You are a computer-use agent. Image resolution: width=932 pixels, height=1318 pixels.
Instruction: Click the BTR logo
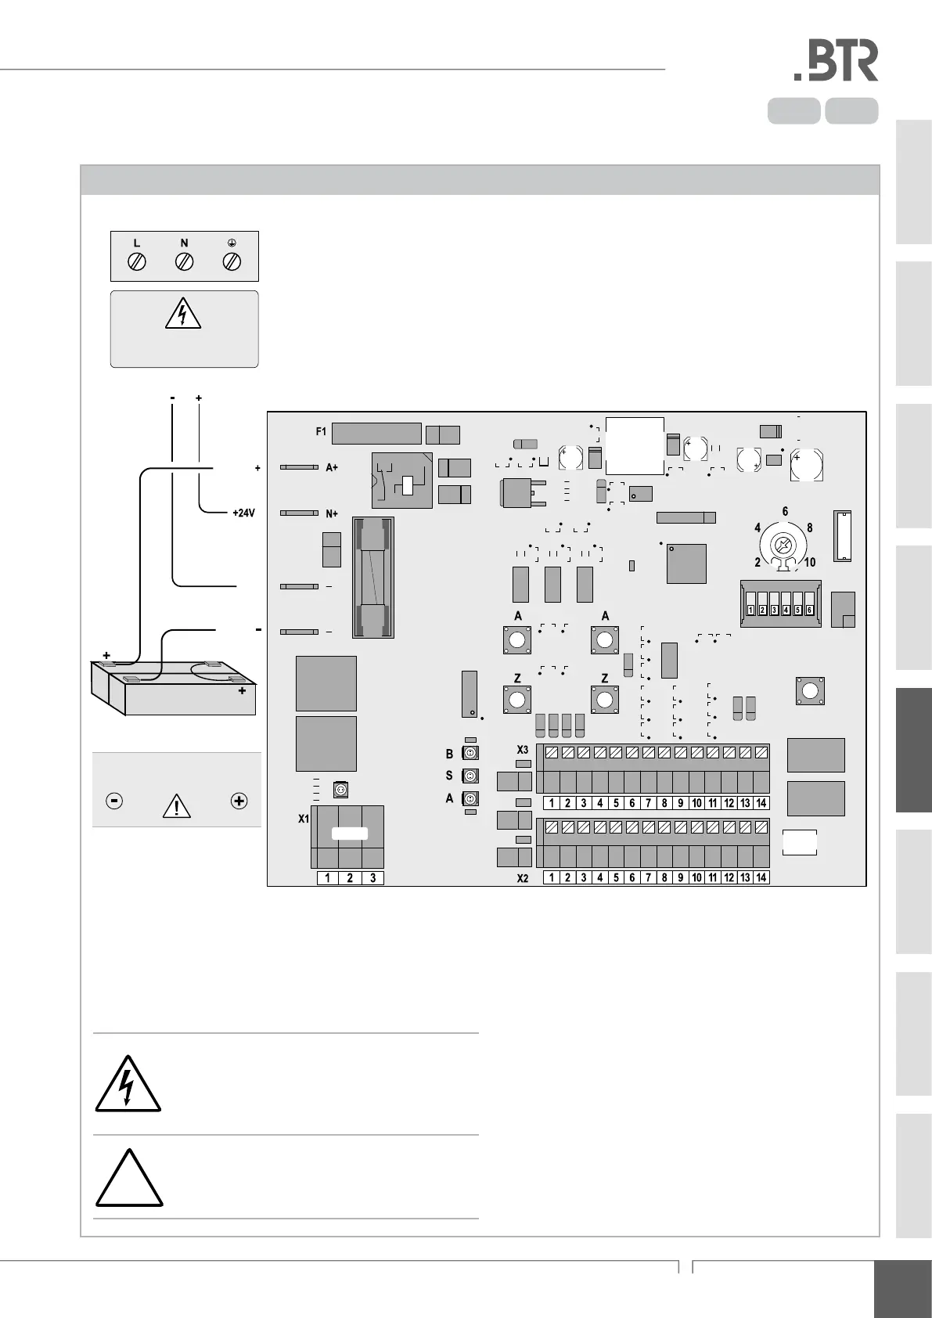[836, 62]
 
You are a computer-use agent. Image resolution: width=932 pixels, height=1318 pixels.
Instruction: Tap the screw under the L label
[137, 261]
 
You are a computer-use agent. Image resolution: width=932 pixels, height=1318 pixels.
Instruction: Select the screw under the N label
[185, 261]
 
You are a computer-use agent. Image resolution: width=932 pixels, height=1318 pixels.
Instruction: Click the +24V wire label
[244, 514]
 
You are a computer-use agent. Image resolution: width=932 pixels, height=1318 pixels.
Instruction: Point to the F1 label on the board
[321, 431]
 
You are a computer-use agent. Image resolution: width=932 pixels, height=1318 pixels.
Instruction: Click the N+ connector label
[332, 513]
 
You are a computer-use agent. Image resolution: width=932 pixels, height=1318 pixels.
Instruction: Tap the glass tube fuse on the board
[373, 578]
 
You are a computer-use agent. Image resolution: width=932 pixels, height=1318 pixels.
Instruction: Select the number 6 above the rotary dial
[786, 512]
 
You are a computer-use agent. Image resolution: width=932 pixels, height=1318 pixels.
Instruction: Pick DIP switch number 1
[750, 609]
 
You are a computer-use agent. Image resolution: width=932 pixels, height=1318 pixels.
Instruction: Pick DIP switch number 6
[809, 609]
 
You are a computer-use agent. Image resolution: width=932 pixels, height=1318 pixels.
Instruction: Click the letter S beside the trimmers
[449, 776]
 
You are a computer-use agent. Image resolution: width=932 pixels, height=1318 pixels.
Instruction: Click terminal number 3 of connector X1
[372, 878]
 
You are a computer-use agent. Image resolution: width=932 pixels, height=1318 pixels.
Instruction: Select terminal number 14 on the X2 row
[761, 878]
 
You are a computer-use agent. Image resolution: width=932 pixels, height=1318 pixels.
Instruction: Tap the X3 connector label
[523, 751]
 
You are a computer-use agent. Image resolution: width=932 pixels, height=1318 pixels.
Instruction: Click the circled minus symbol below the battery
[114, 801]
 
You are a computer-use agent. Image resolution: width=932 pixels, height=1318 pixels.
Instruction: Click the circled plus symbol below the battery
[239, 801]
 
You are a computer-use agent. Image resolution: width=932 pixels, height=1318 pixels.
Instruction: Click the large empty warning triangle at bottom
[129, 1180]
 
